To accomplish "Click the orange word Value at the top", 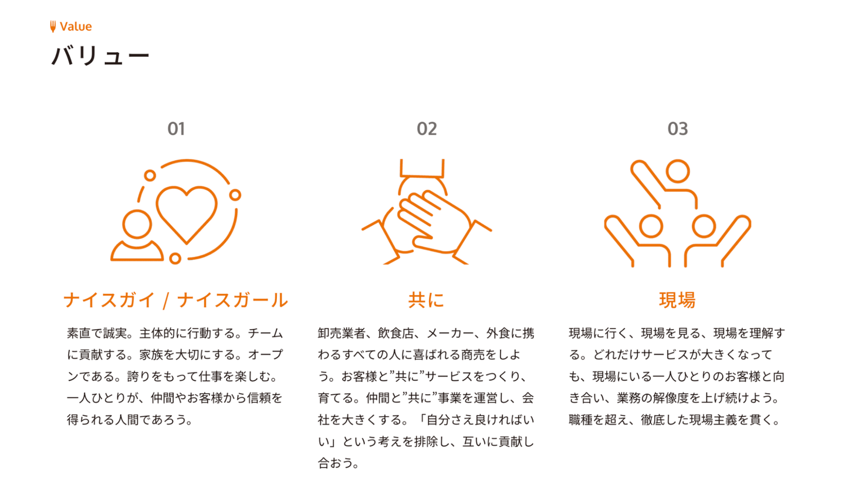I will (x=76, y=26).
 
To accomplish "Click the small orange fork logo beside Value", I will (x=53, y=26).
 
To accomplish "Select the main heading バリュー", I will (x=100, y=56).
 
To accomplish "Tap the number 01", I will (x=176, y=129).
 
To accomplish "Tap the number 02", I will (x=427, y=129).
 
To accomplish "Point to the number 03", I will (x=677, y=129).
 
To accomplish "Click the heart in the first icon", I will (x=187, y=212).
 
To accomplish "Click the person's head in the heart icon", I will (x=137, y=224).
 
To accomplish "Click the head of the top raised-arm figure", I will (x=677, y=171).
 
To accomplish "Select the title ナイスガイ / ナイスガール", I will (x=175, y=300).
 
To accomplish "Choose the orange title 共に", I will (x=427, y=300).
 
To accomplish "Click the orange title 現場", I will (x=677, y=300).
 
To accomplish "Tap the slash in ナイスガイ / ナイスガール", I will (x=166, y=300).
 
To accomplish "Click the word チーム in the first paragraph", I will (x=265, y=333).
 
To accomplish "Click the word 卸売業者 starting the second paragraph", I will (x=342, y=333).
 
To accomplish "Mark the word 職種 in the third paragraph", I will (x=580, y=420).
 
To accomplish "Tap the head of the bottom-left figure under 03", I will (x=651, y=226).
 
